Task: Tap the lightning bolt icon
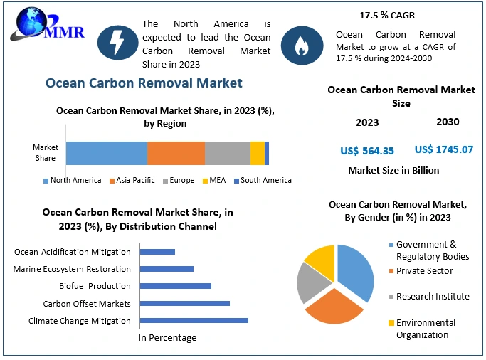tap(116, 42)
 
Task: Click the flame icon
tap(300, 44)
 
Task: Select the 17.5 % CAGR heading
tap(387, 15)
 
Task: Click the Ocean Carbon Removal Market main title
tap(144, 83)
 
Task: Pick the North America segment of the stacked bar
tap(107, 153)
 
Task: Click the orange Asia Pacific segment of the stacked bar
tap(176, 153)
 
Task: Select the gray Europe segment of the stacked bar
tap(227, 153)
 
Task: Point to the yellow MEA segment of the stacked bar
tap(257, 153)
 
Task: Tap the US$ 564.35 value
tap(367, 150)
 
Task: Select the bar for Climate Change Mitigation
tap(194, 320)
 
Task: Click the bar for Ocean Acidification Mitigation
tap(157, 251)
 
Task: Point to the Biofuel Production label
tap(95, 286)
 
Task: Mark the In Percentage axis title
tap(167, 337)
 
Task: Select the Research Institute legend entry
tap(432, 296)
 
